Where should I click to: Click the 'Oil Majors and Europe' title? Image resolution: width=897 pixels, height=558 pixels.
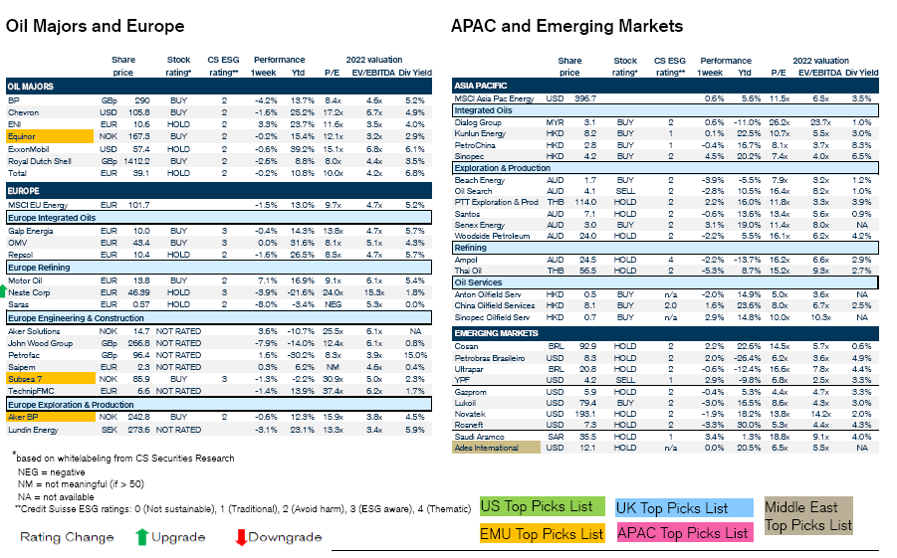96,27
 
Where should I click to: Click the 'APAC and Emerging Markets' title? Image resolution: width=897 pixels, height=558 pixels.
566,26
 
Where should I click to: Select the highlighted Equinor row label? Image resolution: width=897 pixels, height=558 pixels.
23,135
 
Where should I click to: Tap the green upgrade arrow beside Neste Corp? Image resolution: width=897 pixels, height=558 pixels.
3,293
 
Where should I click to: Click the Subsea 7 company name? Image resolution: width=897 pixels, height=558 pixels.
26,379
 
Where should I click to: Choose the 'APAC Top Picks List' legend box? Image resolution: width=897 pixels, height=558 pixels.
683,533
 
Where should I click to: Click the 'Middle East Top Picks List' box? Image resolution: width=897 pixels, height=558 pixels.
807,516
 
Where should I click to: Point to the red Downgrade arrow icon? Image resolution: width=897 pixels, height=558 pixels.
240,537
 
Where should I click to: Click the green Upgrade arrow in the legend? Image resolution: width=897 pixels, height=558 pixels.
142,537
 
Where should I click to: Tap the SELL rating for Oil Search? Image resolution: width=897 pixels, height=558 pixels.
624,190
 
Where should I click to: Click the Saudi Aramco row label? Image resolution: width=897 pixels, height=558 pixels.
479,436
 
